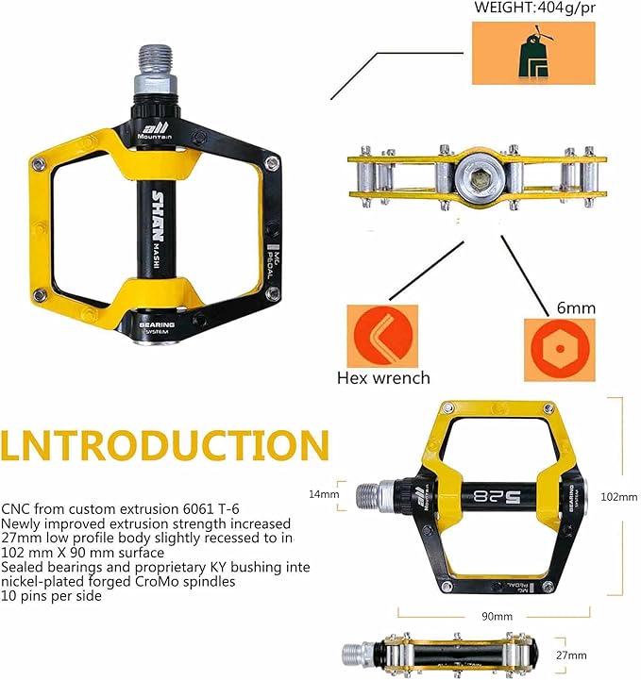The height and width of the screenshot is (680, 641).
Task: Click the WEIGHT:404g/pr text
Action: [533, 9]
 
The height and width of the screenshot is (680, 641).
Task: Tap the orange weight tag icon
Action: [533, 54]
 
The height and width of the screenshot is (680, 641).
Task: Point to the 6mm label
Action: [577, 307]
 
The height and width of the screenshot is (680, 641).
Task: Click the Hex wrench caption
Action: [383, 378]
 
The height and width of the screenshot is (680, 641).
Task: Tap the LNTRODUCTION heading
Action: [165, 445]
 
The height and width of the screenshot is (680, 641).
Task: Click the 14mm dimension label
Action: [324, 494]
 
